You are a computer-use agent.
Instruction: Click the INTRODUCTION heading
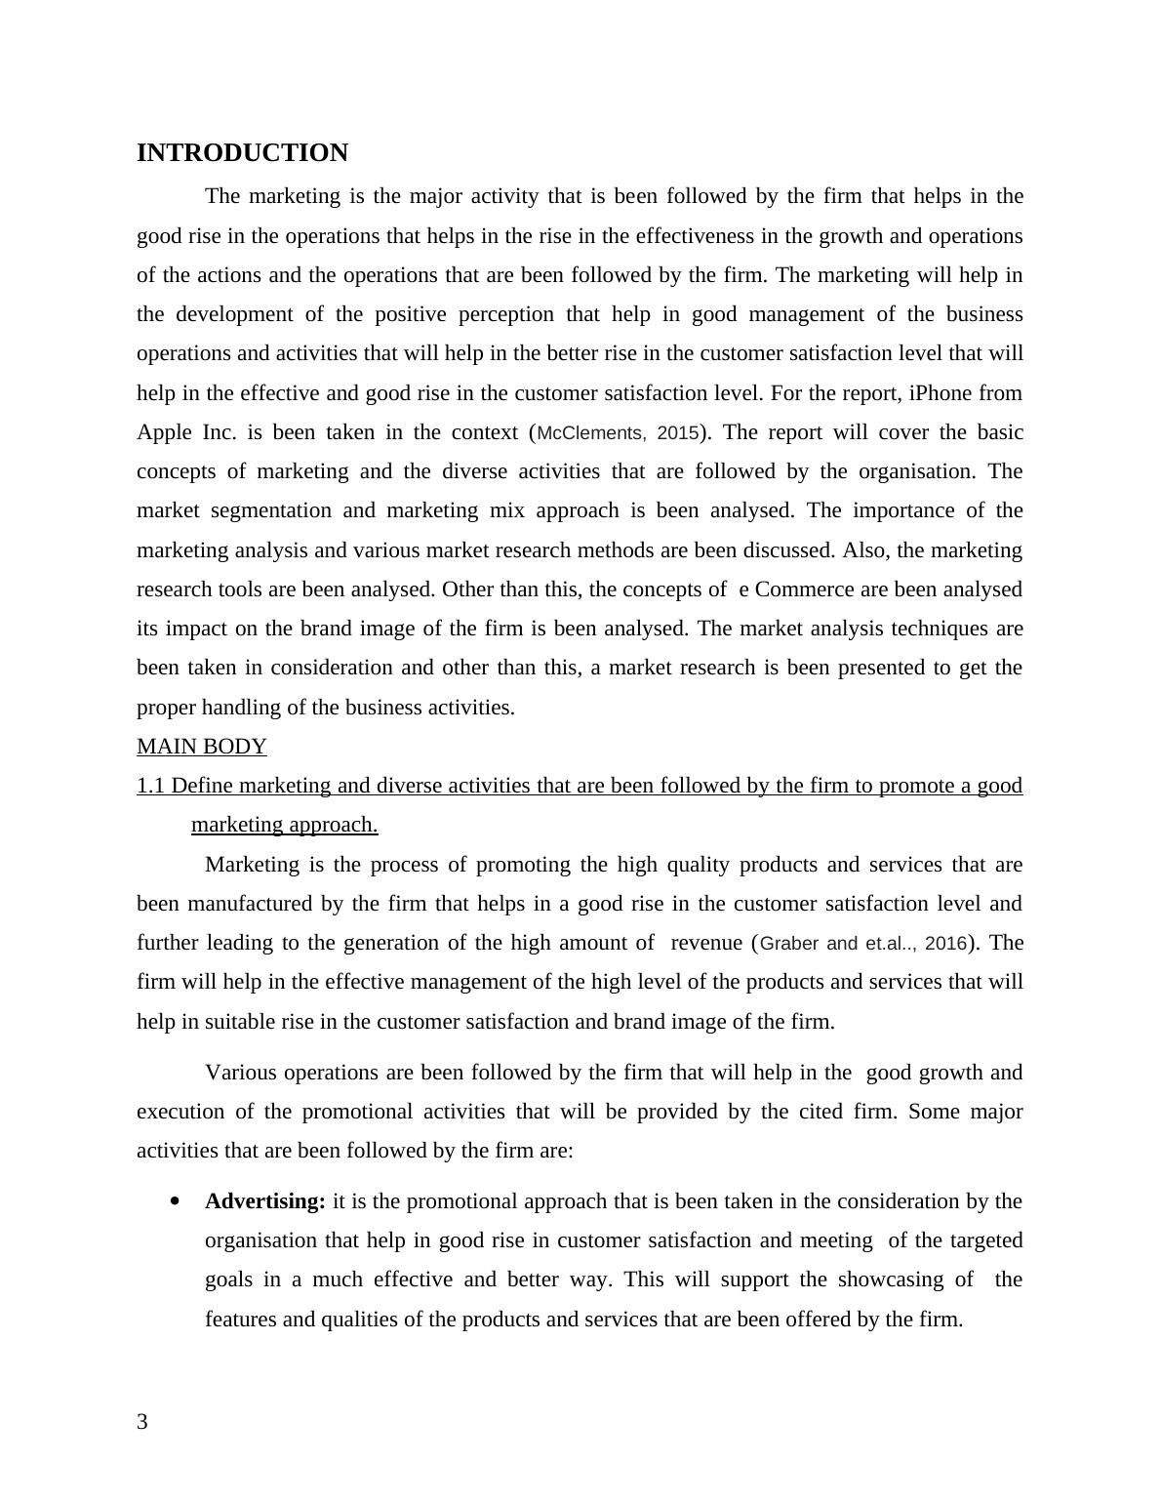tap(242, 153)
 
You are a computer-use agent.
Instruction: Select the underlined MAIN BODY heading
tap(201, 747)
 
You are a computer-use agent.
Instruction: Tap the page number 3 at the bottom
tap(142, 1422)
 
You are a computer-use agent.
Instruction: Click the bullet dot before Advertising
tap(176, 1201)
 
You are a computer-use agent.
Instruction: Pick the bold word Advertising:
tap(264, 1201)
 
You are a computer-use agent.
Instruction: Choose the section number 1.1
tap(151, 786)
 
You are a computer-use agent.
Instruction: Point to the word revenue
tap(707, 943)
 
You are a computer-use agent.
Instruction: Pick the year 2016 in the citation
tap(944, 944)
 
